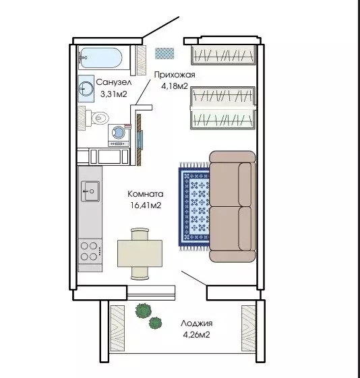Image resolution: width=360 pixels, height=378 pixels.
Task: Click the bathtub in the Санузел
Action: pos(102,58)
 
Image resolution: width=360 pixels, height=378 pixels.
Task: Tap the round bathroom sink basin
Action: pos(86,88)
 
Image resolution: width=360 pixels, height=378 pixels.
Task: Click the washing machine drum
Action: pos(119,133)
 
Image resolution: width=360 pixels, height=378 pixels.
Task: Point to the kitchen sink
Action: pos(90,191)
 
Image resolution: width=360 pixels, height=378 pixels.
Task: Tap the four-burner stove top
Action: pos(90,251)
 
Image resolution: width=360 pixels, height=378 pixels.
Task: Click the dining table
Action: pos(140,253)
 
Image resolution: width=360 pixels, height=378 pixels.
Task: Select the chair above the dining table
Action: pos(140,234)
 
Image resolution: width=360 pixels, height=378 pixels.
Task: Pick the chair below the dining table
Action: pos(140,273)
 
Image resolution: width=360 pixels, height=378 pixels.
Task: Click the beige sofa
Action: pos(233,206)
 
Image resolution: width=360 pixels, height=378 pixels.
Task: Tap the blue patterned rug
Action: pos(194,206)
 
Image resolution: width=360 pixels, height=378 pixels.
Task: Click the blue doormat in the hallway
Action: pos(164,53)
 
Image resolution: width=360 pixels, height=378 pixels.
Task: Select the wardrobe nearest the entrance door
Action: pos(223,55)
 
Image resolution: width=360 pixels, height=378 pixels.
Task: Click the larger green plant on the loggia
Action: pos(143,311)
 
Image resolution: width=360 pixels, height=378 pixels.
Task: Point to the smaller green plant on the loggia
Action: pos(155,323)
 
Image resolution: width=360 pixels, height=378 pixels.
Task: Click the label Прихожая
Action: pos(175,75)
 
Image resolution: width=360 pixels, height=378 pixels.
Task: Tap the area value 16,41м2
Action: pos(146,206)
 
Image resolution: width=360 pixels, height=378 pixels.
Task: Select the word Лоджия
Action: pos(197,323)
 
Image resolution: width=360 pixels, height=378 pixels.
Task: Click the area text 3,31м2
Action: pos(113,94)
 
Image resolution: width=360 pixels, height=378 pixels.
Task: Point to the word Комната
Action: pos(146,194)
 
